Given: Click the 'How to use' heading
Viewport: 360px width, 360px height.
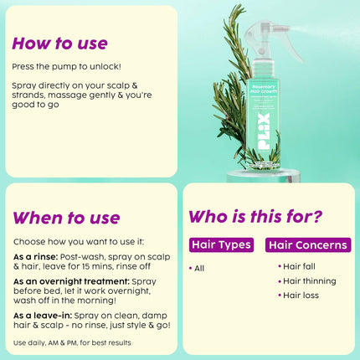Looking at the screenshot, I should tap(59, 43).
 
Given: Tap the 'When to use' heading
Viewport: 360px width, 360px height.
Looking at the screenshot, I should tap(66, 218).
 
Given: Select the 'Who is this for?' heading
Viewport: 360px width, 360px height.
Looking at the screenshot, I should tap(255, 216).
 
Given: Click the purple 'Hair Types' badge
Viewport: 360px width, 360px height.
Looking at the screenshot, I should tap(220, 245).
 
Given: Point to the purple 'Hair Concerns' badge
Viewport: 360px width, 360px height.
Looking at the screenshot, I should tap(308, 245).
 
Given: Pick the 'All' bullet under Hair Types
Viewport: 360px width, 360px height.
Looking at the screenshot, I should tap(198, 268).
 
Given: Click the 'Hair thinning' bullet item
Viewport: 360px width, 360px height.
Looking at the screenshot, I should tap(307, 280).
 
